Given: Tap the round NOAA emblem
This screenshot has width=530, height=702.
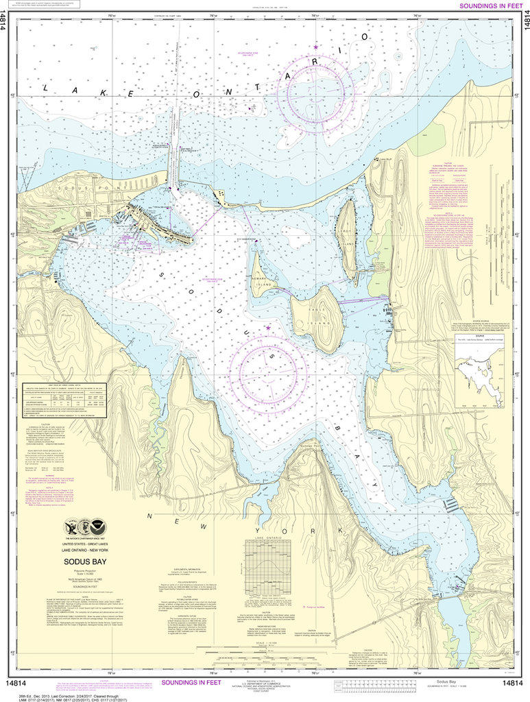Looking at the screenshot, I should coord(98,527).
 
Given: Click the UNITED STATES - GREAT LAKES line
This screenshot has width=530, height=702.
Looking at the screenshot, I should coord(85,542).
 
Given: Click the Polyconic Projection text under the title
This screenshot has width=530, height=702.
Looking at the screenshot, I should coord(85,570).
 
